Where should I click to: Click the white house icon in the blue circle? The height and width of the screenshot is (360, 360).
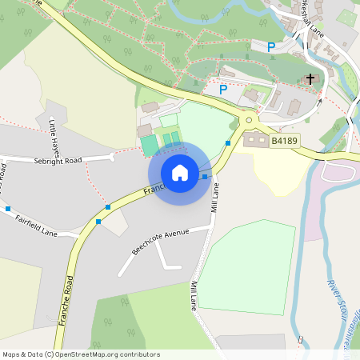(x=180, y=172)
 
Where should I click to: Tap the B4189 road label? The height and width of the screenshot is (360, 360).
(x=284, y=141)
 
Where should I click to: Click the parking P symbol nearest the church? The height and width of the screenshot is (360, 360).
(x=271, y=47)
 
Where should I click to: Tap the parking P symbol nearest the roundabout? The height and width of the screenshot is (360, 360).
(x=223, y=89)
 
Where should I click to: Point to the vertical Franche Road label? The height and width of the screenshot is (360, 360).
(x=66, y=300)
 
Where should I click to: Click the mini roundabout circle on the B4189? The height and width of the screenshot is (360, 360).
(x=249, y=121)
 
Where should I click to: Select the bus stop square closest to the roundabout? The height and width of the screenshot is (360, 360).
(x=228, y=143)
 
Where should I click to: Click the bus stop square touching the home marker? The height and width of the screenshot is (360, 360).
(x=205, y=176)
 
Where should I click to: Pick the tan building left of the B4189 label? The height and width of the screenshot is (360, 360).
(x=256, y=140)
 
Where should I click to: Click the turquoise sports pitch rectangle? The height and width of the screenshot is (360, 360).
(x=150, y=145)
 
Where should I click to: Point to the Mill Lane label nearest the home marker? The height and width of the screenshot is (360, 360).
(x=215, y=196)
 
